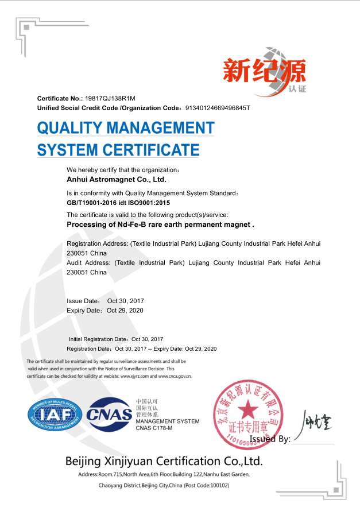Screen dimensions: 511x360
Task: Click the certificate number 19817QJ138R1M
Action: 110,99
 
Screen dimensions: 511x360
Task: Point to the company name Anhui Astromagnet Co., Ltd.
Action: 117,179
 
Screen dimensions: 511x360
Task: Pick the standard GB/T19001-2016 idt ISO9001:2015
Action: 118,203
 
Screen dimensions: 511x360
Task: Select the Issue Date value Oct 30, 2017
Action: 126,301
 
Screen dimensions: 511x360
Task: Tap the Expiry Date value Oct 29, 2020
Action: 125,311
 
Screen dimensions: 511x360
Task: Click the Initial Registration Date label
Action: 99,339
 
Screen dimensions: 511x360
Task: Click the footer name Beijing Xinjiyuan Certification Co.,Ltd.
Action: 164,461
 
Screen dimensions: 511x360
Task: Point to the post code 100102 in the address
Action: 216,485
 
